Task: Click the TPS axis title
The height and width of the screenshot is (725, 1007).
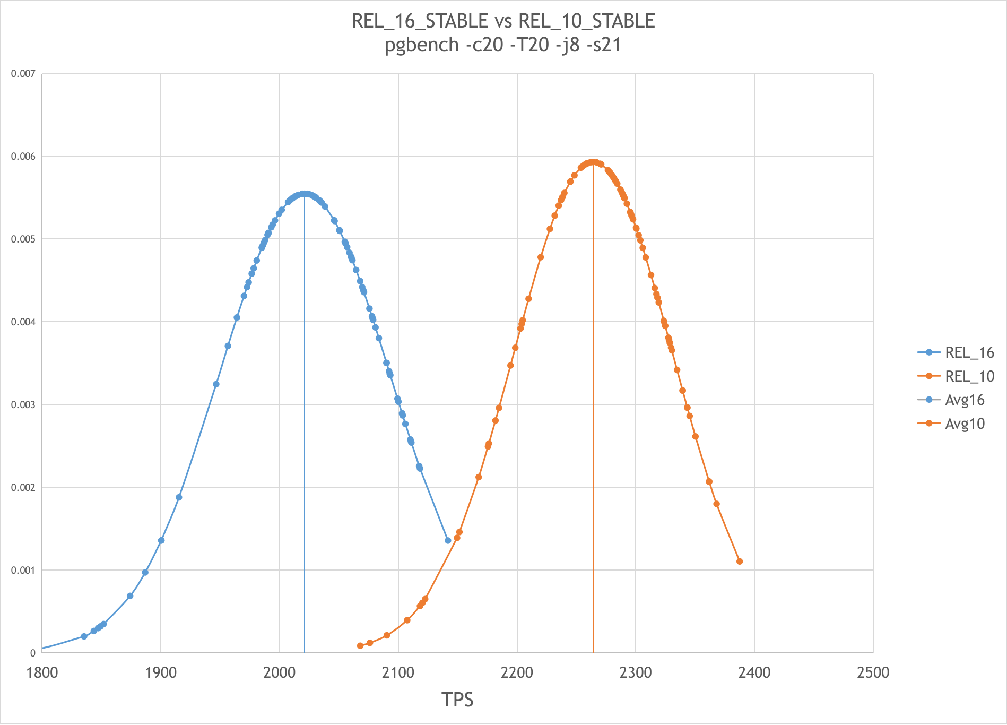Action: (x=457, y=700)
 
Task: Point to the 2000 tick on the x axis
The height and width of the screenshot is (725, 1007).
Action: (x=279, y=672)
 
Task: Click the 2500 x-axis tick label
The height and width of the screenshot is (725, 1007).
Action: (x=873, y=672)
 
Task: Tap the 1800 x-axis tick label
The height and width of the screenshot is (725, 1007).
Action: (x=42, y=672)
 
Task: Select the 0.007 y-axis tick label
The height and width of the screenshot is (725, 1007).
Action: (x=23, y=73)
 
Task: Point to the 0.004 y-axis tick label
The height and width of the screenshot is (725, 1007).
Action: (x=23, y=322)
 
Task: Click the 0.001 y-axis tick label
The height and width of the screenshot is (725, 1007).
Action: (x=23, y=570)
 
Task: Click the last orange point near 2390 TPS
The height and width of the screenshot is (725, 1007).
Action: (x=740, y=562)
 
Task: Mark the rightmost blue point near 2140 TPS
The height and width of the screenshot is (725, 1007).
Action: (x=448, y=540)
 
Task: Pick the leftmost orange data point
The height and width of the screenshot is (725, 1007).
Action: (x=360, y=646)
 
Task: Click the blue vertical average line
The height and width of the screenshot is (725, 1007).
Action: (x=305, y=425)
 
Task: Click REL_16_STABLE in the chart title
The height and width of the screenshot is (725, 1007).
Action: (x=420, y=21)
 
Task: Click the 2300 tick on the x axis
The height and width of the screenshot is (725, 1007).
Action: (x=635, y=672)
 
